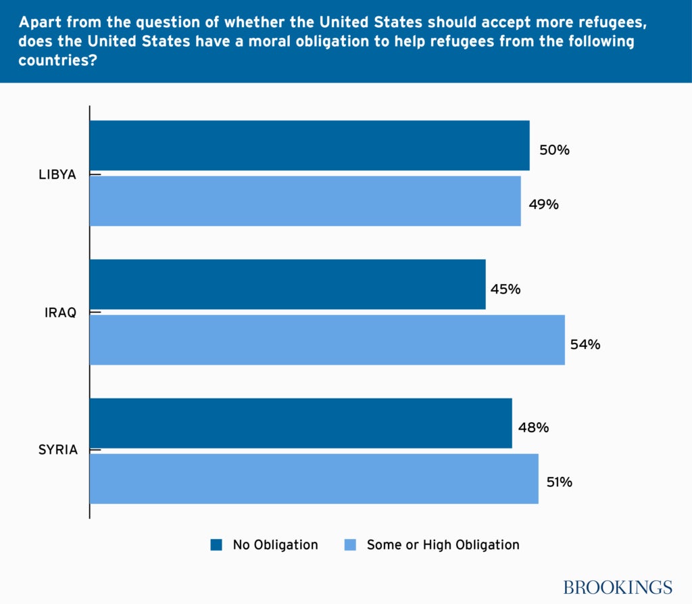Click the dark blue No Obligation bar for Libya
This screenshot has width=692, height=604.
pos(309,145)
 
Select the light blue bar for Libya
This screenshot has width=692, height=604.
pos(305,201)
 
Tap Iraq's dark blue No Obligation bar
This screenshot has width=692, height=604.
pos(287,285)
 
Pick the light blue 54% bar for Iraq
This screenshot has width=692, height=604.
pos(327,340)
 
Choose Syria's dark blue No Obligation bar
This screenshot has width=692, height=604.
pos(301,423)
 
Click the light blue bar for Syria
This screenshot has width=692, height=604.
pos(314,479)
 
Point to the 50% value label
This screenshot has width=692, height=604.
pos(554,150)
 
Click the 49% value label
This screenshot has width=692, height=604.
pos(543,204)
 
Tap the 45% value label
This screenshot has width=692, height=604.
pos(505,289)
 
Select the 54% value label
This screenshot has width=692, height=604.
pos(585,344)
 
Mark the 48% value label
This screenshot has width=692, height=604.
pos(533,428)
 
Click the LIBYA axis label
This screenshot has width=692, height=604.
pos(57,175)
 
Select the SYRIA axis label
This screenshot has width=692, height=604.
pos(58,450)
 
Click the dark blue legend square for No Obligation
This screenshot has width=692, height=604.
pos(216,545)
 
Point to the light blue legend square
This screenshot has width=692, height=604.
pos(350,545)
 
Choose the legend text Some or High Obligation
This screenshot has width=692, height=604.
pos(443,545)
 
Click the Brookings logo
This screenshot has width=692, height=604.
pos(618,586)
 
